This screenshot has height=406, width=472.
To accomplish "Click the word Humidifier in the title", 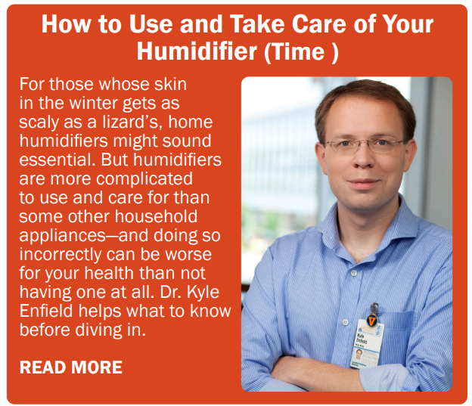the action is coord(197,51).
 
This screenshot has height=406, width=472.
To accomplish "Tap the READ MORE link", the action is coord(71,367).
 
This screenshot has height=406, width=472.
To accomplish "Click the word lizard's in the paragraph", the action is coord(132,122).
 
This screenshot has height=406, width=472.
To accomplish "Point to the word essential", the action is coord(57,160).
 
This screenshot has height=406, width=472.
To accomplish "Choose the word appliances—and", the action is coord(84,236).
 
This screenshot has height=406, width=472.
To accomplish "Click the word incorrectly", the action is coord(61,255).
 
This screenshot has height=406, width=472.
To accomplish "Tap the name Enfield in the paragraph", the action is coord(46,311).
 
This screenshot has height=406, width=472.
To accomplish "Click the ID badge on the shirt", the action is coord(366,343).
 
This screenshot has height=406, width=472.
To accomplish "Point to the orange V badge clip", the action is coord(372,321).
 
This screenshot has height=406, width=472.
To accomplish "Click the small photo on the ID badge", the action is coord(359,355).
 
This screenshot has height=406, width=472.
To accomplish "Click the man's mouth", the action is coord(363,183).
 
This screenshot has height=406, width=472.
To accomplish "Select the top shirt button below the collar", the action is coord(354,273).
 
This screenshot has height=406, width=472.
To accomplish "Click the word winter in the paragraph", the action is coord(95,103).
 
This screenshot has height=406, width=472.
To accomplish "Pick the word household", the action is coord(156,216).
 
